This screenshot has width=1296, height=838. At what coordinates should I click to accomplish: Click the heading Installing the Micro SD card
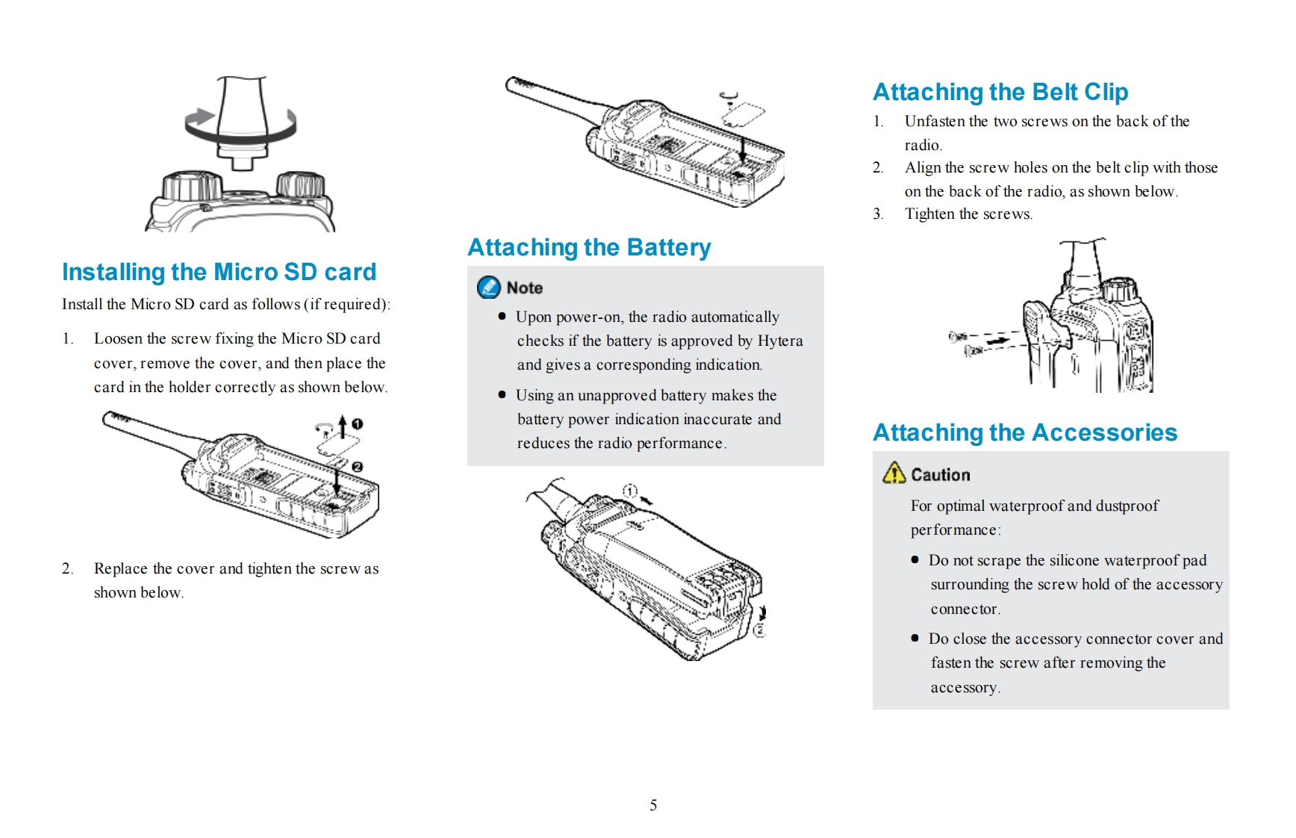pyautogui.click(x=219, y=273)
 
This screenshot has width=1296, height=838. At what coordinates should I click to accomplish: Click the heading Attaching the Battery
pyautogui.click(x=589, y=248)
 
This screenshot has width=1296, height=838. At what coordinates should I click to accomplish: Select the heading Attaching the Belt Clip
pyautogui.click(x=1000, y=93)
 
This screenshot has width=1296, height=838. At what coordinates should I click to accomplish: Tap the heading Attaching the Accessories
pyautogui.click(x=1024, y=433)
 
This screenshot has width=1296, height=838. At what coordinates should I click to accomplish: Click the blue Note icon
pyautogui.click(x=489, y=288)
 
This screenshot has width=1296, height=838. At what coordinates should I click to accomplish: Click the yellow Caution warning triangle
pyautogui.click(x=894, y=474)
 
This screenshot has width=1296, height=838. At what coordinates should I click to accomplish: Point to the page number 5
pyautogui.click(x=653, y=805)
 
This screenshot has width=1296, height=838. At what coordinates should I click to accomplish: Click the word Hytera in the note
pyautogui.click(x=780, y=341)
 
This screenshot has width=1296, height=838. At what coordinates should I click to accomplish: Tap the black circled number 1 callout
pyautogui.click(x=358, y=423)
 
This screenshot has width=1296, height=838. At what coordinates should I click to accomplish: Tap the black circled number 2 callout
pyautogui.click(x=358, y=467)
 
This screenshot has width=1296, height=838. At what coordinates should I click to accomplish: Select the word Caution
pyautogui.click(x=941, y=475)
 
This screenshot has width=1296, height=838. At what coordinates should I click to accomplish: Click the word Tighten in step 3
pyautogui.click(x=929, y=214)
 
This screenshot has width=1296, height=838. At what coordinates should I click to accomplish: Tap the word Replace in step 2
pyautogui.click(x=120, y=569)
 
